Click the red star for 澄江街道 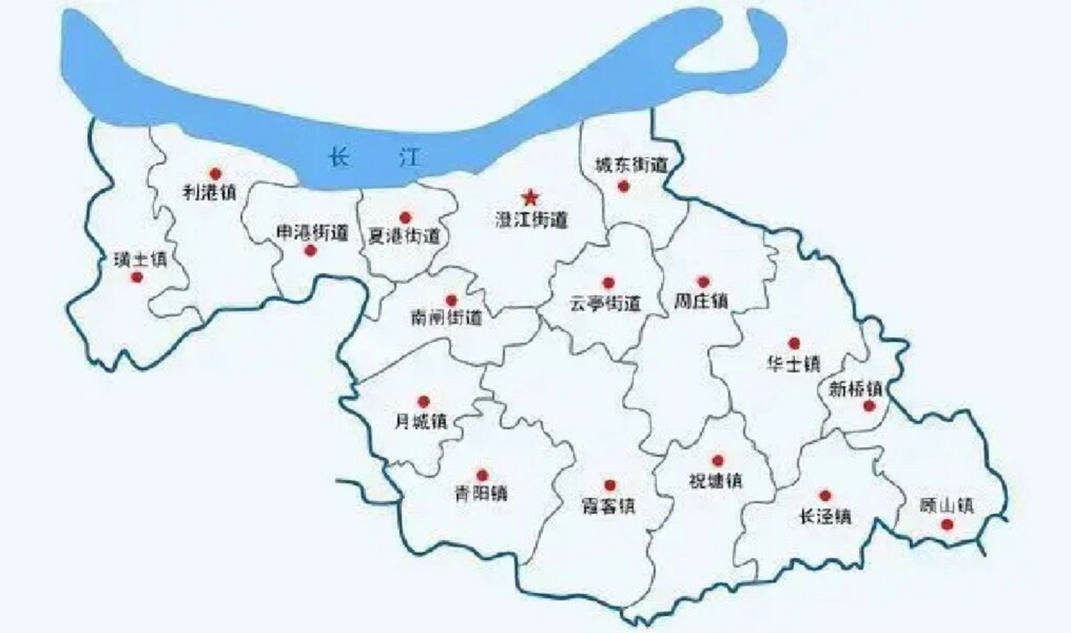530,198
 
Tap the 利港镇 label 210,192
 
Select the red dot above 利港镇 215,174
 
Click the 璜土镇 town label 141,260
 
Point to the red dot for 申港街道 310,251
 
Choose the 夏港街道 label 404,236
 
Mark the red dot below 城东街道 623,186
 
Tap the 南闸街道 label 446,317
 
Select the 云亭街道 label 605,303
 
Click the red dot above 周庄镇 703,282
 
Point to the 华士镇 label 793,363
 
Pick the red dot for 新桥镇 869,407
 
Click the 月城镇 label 421,421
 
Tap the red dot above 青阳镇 482,476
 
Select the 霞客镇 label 608,506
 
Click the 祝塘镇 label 716,480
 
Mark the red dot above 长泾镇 825,496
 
